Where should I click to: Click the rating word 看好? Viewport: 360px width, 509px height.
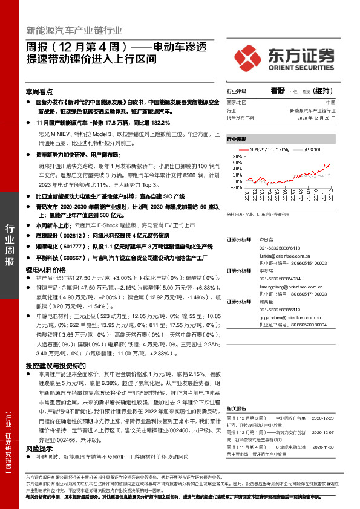point(278,91)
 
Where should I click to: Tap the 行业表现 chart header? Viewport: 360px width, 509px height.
point(237,138)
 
